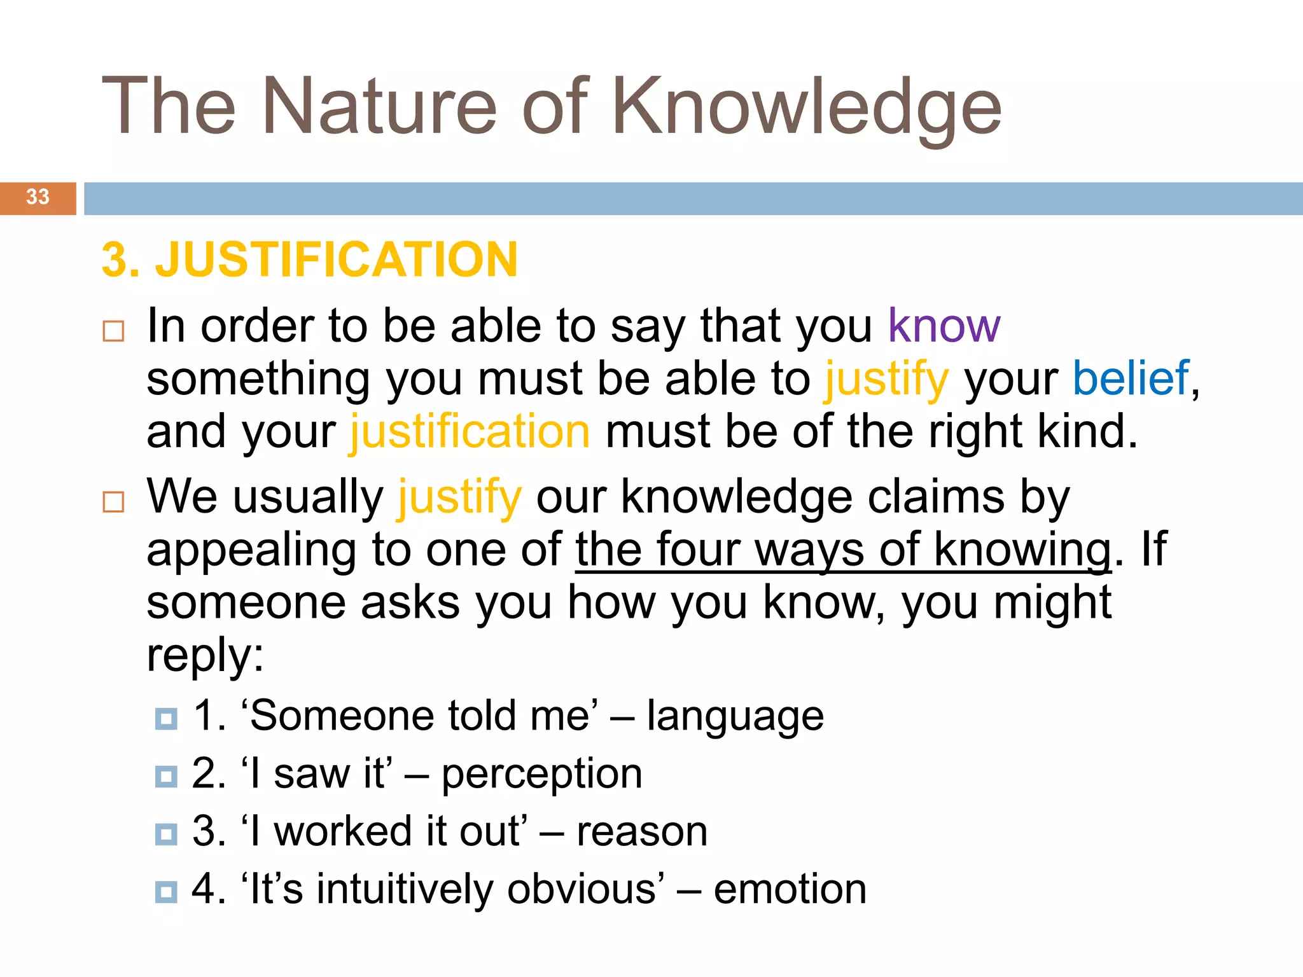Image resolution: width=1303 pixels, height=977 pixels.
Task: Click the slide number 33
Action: point(38,197)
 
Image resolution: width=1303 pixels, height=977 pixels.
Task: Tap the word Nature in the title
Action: point(379,107)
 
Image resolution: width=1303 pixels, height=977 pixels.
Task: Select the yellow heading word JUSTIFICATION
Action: point(337,260)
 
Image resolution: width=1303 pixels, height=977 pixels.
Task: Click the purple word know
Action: point(944,326)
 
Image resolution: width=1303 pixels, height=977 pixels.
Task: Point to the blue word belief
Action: point(1131,378)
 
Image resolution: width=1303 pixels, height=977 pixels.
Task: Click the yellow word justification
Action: point(470,432)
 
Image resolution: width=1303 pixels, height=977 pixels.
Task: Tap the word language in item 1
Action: point(735,716)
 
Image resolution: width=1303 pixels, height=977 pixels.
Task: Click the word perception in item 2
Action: point(541,774)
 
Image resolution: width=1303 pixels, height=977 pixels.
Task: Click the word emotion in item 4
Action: point(790,889)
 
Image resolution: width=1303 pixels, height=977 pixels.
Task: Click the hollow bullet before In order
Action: point(113,331)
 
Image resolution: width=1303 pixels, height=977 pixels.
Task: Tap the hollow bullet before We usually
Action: point(113,502)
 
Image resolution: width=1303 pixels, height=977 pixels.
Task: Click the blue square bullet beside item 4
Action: point(166,892)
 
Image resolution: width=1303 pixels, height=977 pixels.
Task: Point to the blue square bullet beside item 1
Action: point(166,719)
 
